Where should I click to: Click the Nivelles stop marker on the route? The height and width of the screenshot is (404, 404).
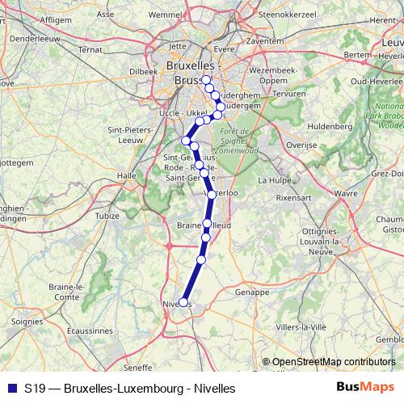tap(185, 303)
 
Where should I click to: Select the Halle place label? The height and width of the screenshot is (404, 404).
tap(127, 175)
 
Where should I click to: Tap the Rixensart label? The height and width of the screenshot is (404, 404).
tap(294, 196)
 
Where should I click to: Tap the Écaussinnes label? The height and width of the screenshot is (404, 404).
tap(90, 330)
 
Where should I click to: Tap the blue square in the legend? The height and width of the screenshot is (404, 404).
tap(10, 388)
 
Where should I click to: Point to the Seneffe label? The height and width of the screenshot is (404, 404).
tap(140, 366)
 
